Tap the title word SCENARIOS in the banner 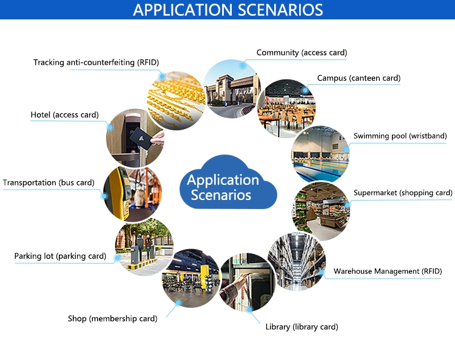(x=280, y=10)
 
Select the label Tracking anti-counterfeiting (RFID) (x=96, y=62)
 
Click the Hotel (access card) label (x=65, y=115)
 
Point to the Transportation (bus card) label (x=49, y=182)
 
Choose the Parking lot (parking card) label (x=60, y=256)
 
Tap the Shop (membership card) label (x=113, y=319)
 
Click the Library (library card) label (x=302, y=327)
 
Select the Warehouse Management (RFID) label (x=388, y=272)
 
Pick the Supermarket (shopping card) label (x=403, y=193)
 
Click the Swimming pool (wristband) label (x=400, y=136)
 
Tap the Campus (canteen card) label (x=359, y=78)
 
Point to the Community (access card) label (x=302, y=53)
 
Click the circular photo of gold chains (x=176, y=100)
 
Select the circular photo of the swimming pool (x=320, y=155)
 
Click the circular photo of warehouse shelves (x=297, y=261)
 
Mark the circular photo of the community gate (x=232, y=88)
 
